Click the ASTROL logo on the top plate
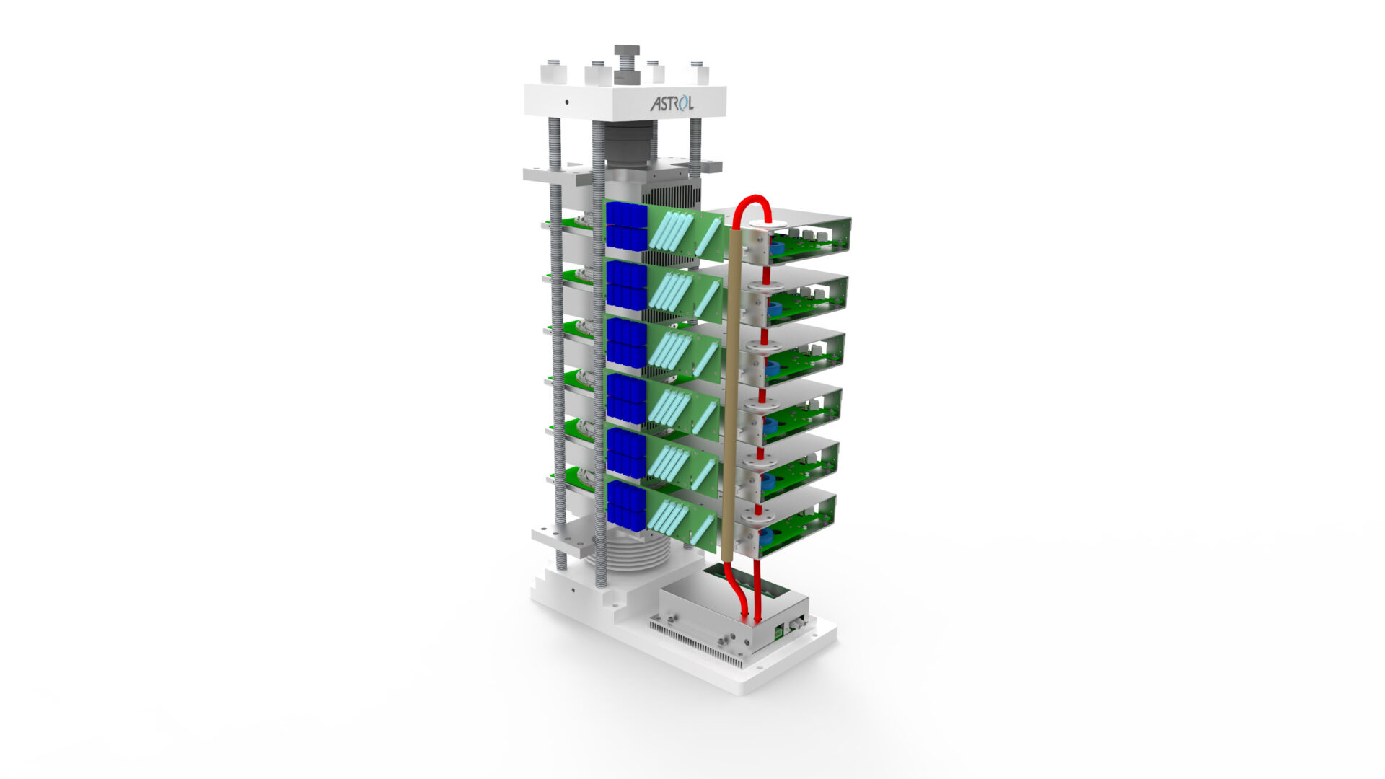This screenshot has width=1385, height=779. [672, 103]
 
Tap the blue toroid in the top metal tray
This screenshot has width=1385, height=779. [776, 248]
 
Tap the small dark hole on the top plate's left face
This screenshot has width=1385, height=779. [567, 102]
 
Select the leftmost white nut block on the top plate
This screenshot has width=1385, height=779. [554, 73]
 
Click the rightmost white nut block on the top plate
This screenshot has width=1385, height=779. [697, 73]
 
